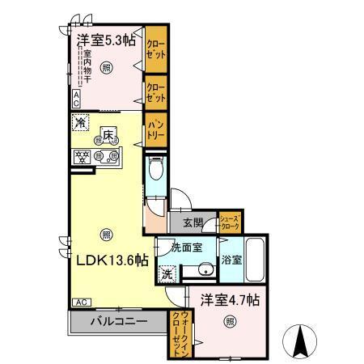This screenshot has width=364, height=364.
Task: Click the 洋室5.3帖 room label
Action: (106, 41)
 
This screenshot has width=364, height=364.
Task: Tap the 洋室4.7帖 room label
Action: (231, 298)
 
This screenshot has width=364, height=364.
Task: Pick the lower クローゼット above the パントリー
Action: (155, 91)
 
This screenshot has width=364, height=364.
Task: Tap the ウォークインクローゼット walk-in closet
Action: (178, 333)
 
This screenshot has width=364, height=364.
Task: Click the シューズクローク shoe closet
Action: (231, 221)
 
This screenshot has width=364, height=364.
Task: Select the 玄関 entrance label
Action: (192, 222)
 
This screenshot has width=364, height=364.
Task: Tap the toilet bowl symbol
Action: (158, 171)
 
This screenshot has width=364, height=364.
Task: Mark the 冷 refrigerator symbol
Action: (81, 123)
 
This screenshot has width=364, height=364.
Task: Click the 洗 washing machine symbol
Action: (167, 273)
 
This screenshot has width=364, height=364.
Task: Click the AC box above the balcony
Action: (82, 302)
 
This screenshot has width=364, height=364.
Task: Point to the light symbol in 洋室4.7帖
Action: (231, 322)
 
